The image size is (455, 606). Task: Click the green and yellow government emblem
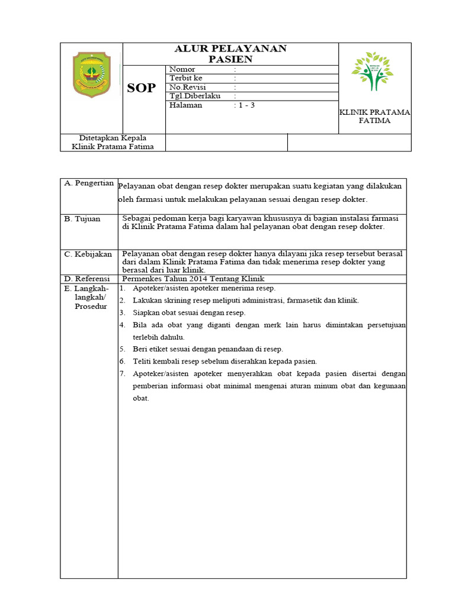91,75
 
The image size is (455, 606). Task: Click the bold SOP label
142,88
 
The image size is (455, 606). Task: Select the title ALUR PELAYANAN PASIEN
230,54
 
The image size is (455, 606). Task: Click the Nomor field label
182,69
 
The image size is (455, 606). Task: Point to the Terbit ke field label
185,78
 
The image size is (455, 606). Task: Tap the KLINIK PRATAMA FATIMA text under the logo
374,116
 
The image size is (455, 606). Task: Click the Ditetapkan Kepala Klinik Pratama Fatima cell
113,142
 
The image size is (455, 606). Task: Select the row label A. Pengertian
89,183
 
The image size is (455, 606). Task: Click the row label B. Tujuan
82,219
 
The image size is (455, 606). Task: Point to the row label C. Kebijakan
88,254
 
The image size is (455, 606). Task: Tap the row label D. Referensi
88,279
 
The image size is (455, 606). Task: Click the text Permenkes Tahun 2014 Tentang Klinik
193,279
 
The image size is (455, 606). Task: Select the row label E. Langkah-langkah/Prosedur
90,297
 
